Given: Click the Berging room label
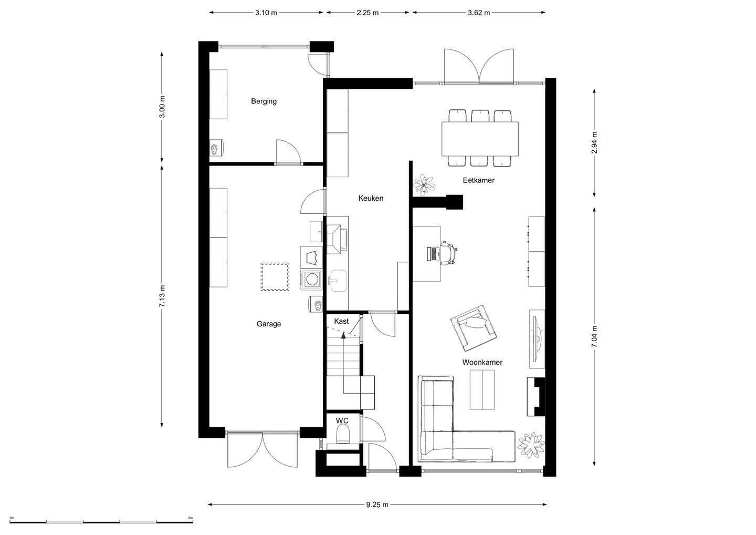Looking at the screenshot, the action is tap(264, 101).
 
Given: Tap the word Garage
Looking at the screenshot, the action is tap(269, 324).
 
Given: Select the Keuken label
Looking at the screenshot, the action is tap(371, 198).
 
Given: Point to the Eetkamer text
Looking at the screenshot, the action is tap(479, 180).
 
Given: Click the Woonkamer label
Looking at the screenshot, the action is tap(482, 363).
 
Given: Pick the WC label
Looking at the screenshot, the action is tap(342, 421).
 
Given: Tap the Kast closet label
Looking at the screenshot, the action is tap(341, 321).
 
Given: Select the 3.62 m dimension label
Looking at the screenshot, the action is tap(479, 13).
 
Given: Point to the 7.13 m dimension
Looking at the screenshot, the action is tap(162, 296).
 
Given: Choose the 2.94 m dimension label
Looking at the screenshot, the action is tap(594, 142).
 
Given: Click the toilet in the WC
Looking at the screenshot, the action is tap(344, 434).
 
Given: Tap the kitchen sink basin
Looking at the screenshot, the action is tap(338, 280).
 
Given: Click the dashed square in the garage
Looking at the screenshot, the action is tap(275, 276).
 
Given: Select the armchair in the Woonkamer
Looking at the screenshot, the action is tap(474, 328).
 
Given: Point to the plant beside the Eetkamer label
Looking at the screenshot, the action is tap(424, 185).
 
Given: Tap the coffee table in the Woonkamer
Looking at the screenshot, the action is tap(482, 390).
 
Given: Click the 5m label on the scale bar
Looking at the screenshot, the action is tap(191, 518).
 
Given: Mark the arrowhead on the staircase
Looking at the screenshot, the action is tap(343, 335).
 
